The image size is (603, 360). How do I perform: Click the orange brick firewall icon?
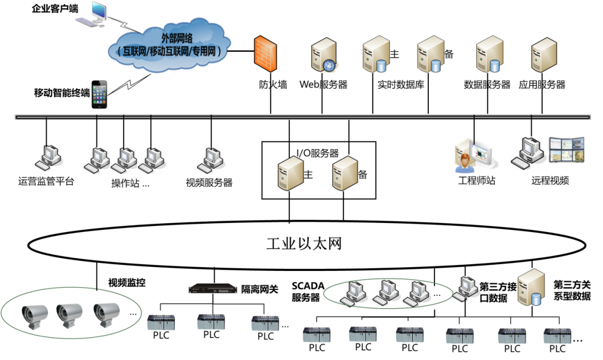265,54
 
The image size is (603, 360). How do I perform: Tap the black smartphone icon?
99,94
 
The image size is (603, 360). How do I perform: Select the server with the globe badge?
325,55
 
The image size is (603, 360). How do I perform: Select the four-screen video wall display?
567,150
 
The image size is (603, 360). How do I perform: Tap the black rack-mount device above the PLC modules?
213,289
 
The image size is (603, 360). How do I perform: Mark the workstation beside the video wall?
528,153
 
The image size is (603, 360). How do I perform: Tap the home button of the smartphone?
99,106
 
